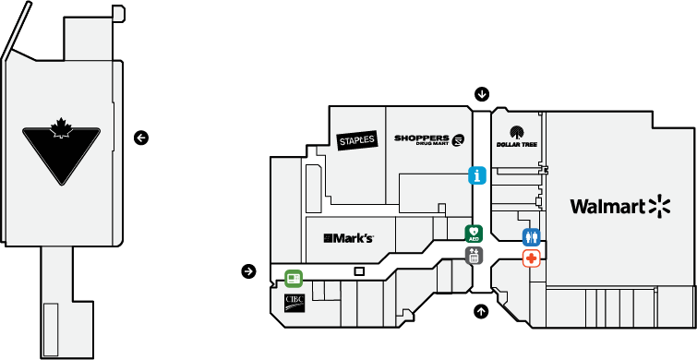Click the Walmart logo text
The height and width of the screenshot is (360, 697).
click(x=607, y=206)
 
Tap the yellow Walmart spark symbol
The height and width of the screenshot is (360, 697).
click(x=657, y=206)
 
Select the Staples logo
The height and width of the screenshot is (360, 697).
click(x=356, y=139)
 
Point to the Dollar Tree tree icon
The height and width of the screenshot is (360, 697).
click(x=516, y=131)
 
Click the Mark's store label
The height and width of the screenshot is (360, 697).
click(x=348, y=238)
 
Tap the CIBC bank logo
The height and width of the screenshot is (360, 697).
click(x=294, y=303)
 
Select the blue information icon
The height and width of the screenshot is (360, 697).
click(x=477, y=174)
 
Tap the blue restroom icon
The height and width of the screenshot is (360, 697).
click(x=531, y=236)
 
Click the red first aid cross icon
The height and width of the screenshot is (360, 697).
click(x=532, y=258)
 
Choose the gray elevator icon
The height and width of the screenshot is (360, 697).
click(x=474, y=256)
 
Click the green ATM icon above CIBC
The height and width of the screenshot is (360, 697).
click(x=294, y=278)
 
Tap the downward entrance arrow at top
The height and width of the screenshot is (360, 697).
click(x=482, y=93)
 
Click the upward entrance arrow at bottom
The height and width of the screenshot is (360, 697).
click(x=481, y=311)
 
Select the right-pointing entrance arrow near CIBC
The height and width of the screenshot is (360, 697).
click(x=248, y=270)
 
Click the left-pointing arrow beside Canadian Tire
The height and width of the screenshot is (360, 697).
click(x=140, y=138)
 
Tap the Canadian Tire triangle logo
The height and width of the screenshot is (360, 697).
click(x=61, y=153)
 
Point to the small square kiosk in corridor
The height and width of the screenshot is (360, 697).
click(x=360, y=270)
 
